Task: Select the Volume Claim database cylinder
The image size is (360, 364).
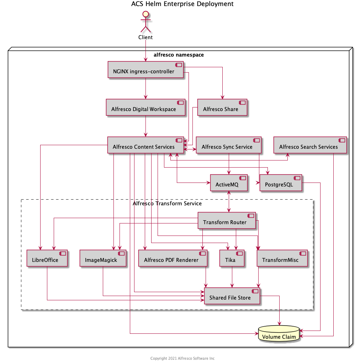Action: click(x=279, y=334)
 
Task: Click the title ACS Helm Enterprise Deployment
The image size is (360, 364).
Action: click(x=182, y=4)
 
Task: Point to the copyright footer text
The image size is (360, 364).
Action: click(x=182, y=358)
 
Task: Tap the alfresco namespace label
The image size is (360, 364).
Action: click(x=179, y=55)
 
